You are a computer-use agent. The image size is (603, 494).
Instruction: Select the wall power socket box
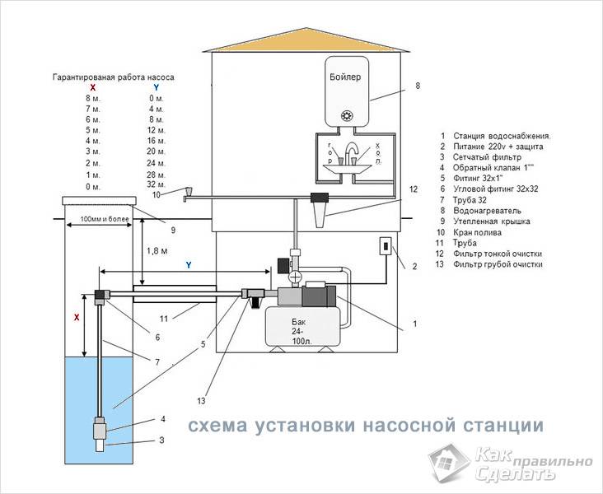(x=385, y=246)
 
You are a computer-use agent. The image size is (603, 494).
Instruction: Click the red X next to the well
(x=77, y=316)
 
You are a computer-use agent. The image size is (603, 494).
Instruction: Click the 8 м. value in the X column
(x=93, y=98)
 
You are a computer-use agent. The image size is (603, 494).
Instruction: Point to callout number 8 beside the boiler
(x=418, y=85)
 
